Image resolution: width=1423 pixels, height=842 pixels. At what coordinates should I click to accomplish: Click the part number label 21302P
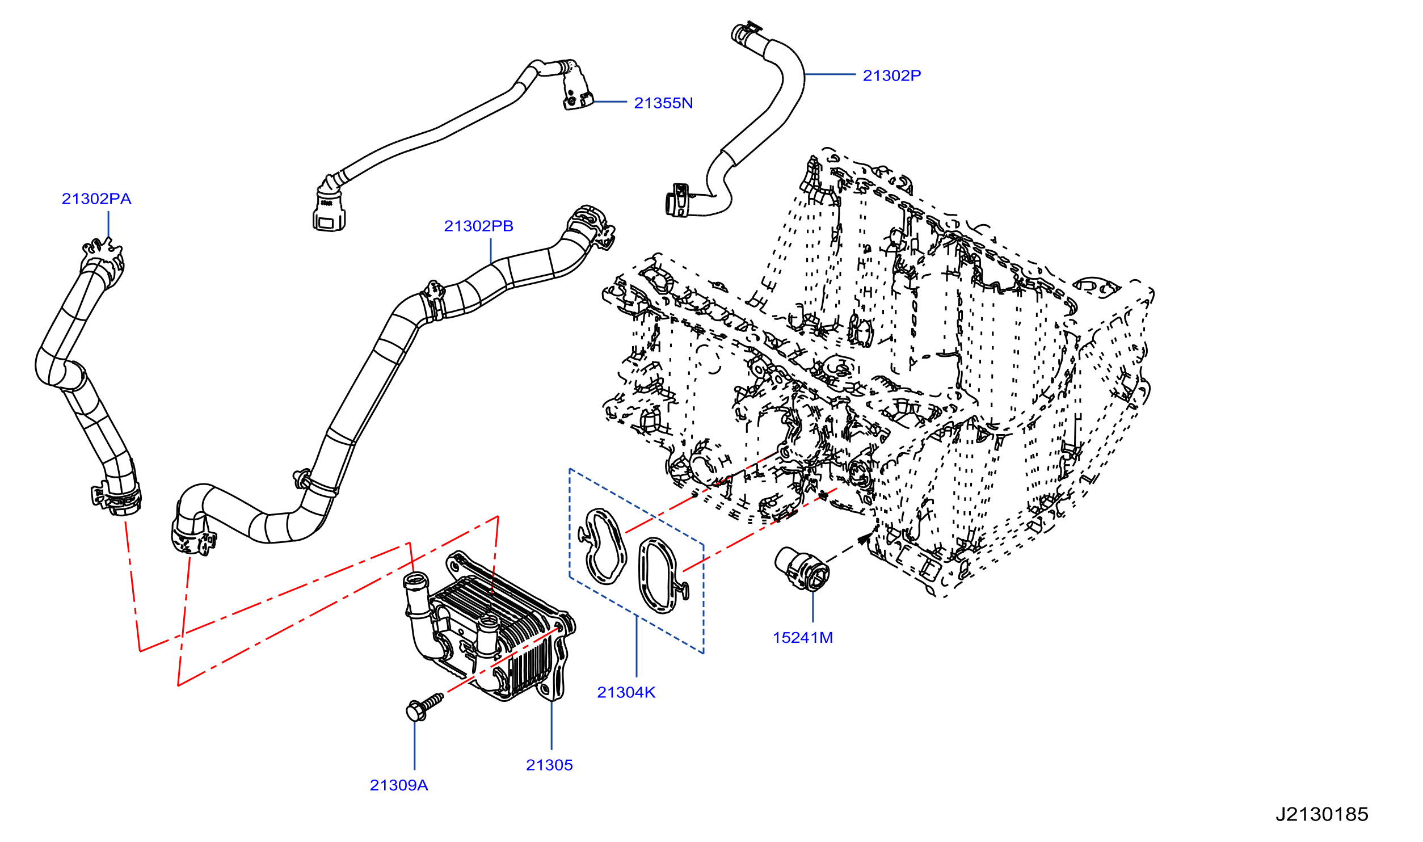[891, 75]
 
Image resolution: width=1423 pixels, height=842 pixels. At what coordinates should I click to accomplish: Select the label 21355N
[663, 103]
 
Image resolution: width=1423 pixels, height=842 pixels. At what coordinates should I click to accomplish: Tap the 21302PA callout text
[96, 199]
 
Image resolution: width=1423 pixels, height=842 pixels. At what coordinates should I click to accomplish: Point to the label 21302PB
[478, 226]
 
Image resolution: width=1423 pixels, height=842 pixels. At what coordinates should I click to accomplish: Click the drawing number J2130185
[1322, 815]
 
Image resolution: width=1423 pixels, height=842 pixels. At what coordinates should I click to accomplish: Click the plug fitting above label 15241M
[802, 568]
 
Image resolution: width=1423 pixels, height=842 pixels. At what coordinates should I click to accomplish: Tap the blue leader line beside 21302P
[830, 74]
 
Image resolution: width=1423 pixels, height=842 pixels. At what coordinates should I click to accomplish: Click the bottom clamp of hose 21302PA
[116, 499]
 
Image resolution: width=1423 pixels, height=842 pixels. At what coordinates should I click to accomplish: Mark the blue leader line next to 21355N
[609, 102]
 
